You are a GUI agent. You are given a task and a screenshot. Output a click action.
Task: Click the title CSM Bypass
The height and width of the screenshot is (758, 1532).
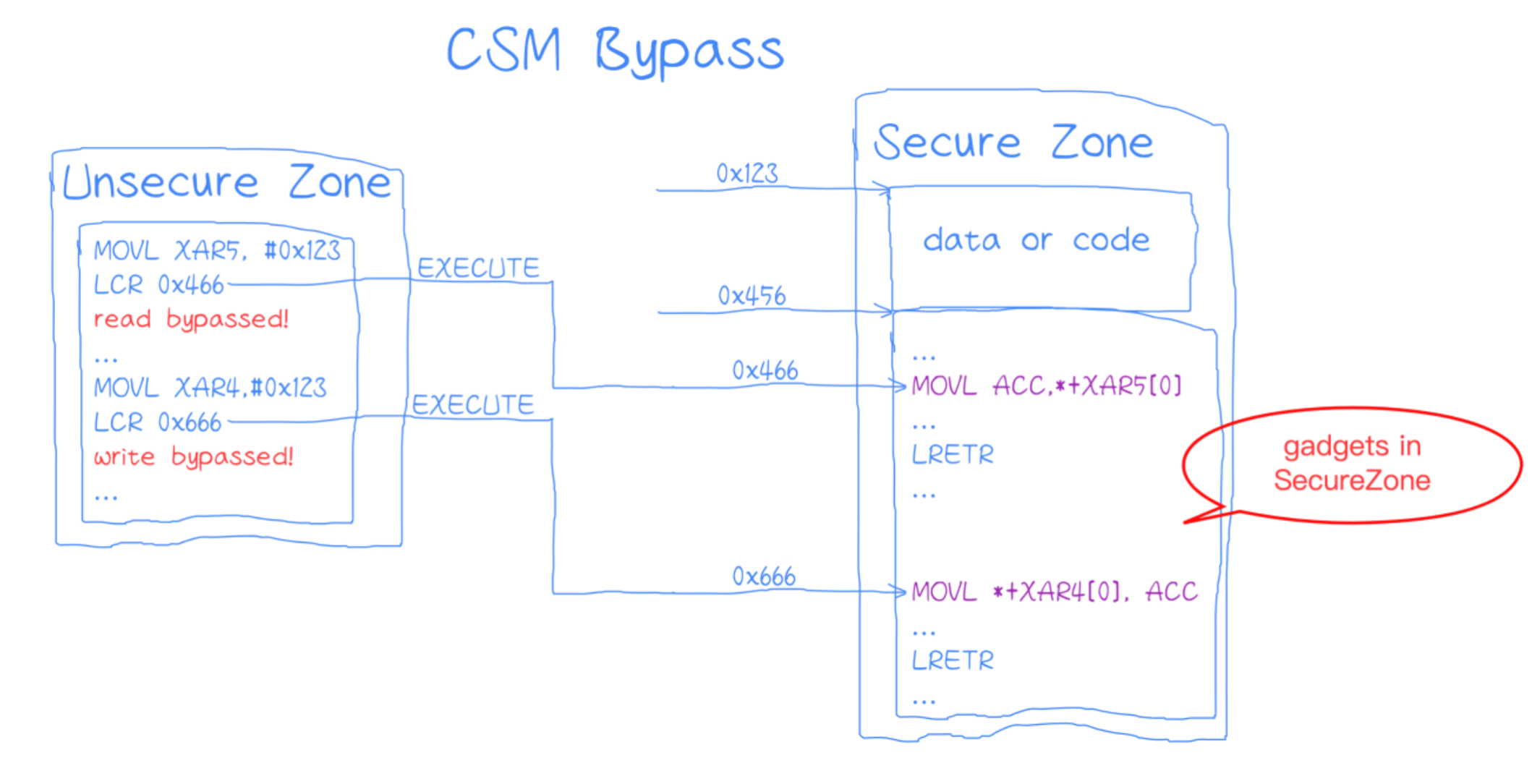click(x=615, y=51)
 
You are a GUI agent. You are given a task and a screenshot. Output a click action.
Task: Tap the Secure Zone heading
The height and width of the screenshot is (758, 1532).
click(x=1013, y=142)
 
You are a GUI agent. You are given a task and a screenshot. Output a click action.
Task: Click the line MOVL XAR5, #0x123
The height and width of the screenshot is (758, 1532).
click(x=217, y=250)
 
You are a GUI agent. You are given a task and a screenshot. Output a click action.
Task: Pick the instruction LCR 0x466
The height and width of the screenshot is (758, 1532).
click(x=159, y=285)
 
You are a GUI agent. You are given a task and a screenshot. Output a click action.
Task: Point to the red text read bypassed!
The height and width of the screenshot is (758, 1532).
click(x=192, y=319)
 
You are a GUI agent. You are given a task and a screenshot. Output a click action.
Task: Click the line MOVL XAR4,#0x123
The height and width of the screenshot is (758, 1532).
click(x=210, y=388)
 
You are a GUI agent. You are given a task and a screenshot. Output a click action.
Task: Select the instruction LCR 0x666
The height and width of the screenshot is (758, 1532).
click(x=158, y=422)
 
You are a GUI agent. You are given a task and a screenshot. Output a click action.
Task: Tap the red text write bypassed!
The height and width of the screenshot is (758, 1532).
click(x=194, y=456)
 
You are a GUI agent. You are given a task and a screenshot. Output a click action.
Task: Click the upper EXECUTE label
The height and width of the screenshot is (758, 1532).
click(x=478, y=268)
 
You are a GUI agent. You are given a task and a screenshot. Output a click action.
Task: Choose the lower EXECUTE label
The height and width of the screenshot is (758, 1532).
click(x=473, y=404)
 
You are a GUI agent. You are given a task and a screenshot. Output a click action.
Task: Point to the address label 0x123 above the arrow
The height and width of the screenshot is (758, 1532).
click(x=747, y=174)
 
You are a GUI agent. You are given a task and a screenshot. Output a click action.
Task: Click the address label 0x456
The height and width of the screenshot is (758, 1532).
click(x=752, y=296)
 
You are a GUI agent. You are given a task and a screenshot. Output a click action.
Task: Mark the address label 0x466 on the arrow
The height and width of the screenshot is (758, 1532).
click(x=765, y=370)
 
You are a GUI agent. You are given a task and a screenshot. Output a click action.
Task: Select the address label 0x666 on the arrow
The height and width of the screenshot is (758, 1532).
click(x=764, y=576)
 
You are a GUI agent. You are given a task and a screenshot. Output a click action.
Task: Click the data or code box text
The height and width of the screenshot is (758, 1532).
click(x=1037, y=240)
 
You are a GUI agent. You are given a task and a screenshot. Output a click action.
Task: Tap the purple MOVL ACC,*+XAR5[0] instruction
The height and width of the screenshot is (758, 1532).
click(x=1047, y=386)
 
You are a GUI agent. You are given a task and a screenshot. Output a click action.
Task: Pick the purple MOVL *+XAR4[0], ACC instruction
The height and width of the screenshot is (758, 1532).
click(x=1055, y=592)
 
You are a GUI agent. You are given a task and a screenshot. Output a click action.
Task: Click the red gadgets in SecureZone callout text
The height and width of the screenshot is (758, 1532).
click(x=1352, y=463)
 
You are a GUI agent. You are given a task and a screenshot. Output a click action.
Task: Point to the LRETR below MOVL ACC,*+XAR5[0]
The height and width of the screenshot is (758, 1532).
click(x=953, y=454)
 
